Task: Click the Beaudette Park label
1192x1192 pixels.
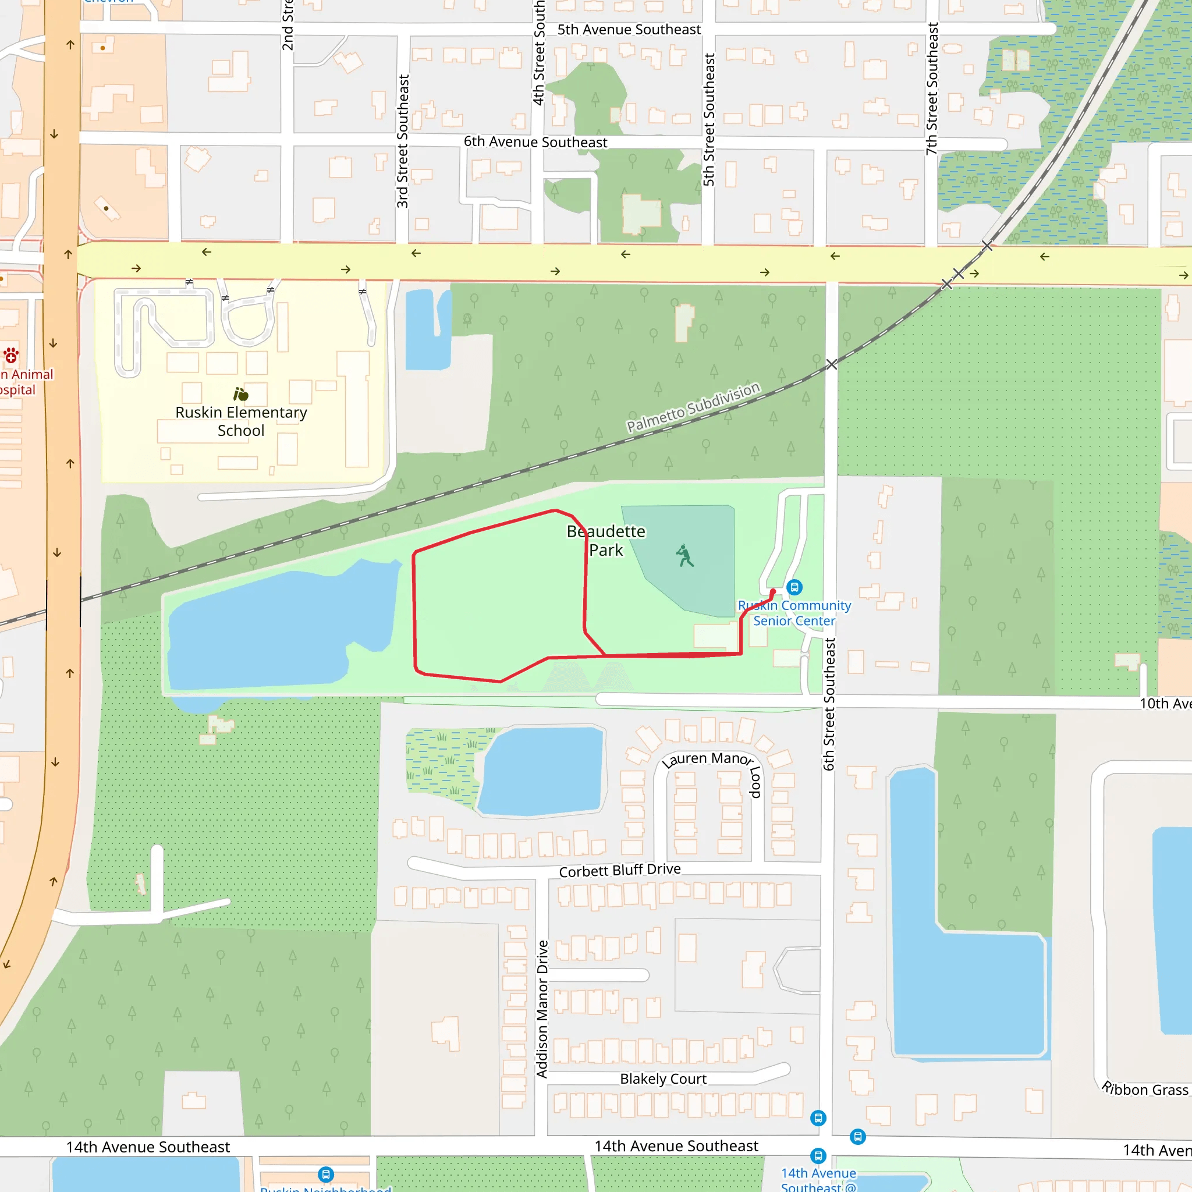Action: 606,541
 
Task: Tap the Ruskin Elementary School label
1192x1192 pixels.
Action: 241,421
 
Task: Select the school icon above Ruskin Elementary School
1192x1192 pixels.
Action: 240,394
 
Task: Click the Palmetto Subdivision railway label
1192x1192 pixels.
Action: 693,407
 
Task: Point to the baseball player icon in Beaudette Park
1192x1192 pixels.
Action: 684,556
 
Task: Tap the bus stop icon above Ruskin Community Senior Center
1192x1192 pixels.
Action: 794,587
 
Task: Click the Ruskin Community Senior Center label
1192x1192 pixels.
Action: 794,613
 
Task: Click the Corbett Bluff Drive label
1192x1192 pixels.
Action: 619,870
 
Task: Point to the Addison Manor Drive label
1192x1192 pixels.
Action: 542,1009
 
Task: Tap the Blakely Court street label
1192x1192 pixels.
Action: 664,1079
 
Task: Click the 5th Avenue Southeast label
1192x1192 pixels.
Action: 629,30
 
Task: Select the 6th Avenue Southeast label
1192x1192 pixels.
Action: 535,142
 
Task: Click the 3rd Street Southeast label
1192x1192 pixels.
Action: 403,141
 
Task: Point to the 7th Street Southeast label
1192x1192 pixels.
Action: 932,89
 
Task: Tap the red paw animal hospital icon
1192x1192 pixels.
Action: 11,356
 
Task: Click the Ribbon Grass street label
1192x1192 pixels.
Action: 1145,1089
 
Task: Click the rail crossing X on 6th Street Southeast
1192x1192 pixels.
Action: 832,364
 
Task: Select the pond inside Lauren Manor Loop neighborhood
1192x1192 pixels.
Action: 542,771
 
